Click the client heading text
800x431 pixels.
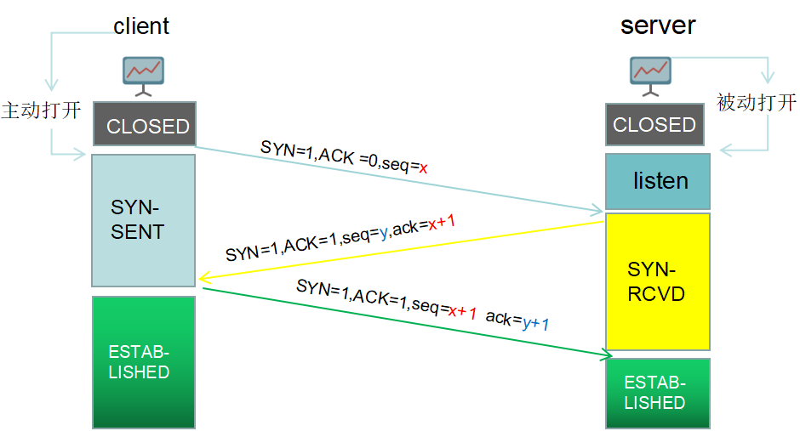141,26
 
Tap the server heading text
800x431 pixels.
658,25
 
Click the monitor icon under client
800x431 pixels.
144,75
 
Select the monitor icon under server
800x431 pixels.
649,75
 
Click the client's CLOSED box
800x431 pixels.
144,126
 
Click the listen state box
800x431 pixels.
657,181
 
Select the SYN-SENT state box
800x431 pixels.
144,220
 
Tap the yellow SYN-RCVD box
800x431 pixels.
657,281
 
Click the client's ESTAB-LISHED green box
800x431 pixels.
144,361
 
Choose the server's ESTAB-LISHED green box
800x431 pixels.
657,393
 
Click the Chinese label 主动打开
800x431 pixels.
41,111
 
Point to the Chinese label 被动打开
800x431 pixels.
757,104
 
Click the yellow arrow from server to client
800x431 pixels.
400,249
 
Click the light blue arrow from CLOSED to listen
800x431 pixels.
400,179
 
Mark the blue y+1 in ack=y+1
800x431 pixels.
535,323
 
